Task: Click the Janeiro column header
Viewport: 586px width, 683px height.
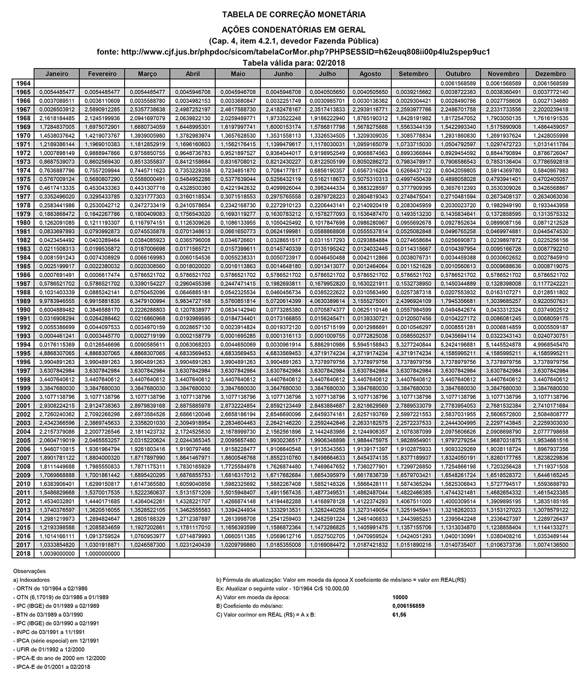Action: pyautogui.click(x=57, y=74)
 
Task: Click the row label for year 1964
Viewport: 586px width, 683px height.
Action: pyautogui.click(x=23, y=83)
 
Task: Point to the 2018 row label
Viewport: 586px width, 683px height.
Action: pyautogui.click(x=23, y=553)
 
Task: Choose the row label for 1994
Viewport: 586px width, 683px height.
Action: pyautogui.click(x=23, y=345)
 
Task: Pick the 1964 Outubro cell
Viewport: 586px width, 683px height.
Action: pyautogui.click(x=458, y=83)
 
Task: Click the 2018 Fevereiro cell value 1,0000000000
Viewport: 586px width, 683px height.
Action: pyautogui.click(x=102, y=553)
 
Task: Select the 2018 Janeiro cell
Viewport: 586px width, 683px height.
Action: pyautogui.click(x=57, y=553)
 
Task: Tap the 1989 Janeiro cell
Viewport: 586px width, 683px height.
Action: pyautogui.click(x=57, y=301)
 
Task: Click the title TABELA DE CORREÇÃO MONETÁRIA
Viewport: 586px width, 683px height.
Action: pyautogui.click(x=293, y=15)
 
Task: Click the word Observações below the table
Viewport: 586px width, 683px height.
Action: pyautogui.click(x=30, y=571)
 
